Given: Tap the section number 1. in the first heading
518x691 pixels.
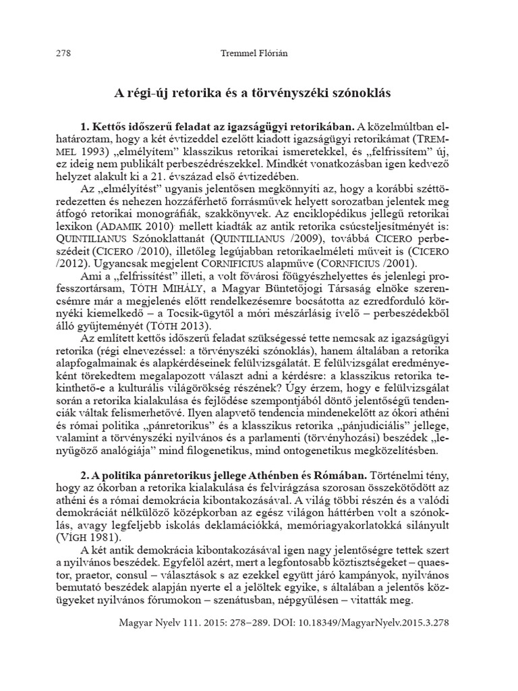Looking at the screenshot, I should coord(85,126).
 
